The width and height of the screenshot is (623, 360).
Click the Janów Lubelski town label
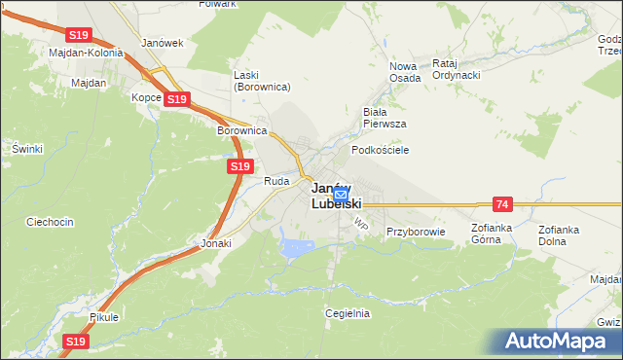click(x=337, y=196)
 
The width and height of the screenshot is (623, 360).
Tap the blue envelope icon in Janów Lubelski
click(x=340, y=195)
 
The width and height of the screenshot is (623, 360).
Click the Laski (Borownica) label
click(x=262, y=81)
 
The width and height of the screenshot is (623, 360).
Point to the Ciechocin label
click(x=51, y=222)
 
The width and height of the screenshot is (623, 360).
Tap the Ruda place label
click(x=276, y=181)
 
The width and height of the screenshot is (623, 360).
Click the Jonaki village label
click(x=216, y=243)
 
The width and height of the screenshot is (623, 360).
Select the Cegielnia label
click(x=348, y=313)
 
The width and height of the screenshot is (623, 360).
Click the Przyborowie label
click(x=415, y=232)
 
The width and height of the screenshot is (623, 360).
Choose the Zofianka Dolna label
click(x=559, y=234)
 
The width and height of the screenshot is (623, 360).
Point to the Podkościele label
click(x=380, y=150)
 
